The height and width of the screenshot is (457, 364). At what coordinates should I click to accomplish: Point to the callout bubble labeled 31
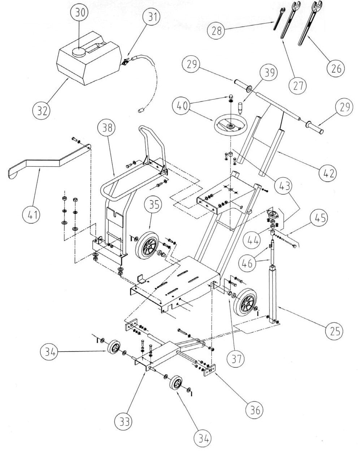point(152,17)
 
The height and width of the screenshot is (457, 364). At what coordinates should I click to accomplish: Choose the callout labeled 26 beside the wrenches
point(336,68)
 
